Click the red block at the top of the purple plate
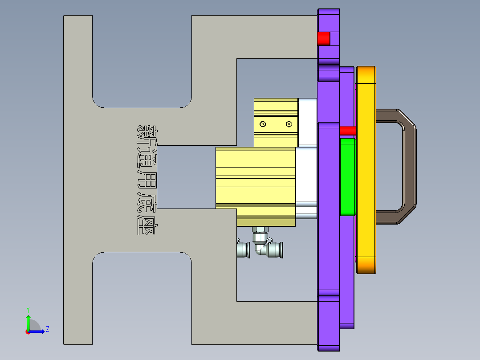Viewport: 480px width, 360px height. click(x=324, y=39)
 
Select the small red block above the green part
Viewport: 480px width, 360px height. click(x=348, y=131)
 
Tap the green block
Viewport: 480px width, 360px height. click(x=348, y=176)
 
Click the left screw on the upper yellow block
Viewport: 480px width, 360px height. click(x=263, y=124)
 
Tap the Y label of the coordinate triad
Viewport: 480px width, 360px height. click(x=28, y=309)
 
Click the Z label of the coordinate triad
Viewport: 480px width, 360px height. click(x=47, y=329)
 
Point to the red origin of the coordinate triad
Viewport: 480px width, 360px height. click(x=28, y=331)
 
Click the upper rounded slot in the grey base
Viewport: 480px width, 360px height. click(x=142, y=62)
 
